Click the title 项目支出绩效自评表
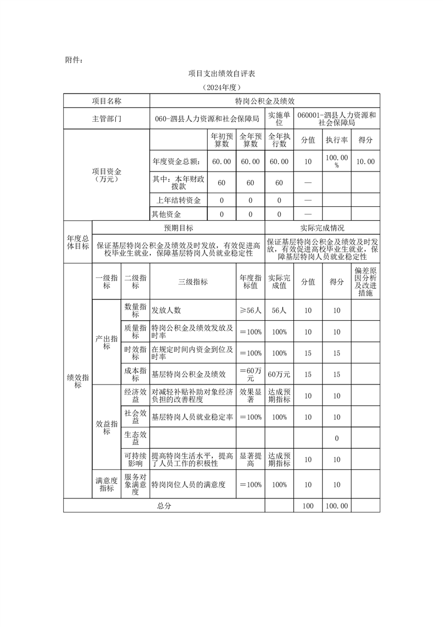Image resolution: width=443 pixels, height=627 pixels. [221, 74]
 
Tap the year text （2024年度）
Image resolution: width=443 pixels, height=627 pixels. [221, 88]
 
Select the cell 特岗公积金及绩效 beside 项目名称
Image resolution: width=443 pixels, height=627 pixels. [265, 101]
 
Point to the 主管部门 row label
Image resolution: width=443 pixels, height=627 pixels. [106, 119]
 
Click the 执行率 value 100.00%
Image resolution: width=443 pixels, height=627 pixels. [337, 161]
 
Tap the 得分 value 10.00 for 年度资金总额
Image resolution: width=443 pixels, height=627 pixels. [365, 161]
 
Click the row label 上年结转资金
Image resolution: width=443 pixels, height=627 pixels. [179, 200]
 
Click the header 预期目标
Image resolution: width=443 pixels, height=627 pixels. [178, 228]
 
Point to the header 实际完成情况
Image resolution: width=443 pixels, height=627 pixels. [322, 228]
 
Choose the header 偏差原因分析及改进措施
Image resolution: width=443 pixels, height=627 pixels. [365, 282]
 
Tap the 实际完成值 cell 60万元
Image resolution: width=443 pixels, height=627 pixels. [279, 374]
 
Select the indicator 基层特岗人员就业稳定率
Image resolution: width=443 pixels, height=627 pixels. [192, 417]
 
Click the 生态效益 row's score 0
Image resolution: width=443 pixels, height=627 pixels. [337, 439]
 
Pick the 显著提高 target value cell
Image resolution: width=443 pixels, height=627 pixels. [250, 460]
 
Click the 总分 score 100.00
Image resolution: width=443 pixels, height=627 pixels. [337, 506]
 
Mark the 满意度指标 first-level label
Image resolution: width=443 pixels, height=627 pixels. [106, 484]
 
